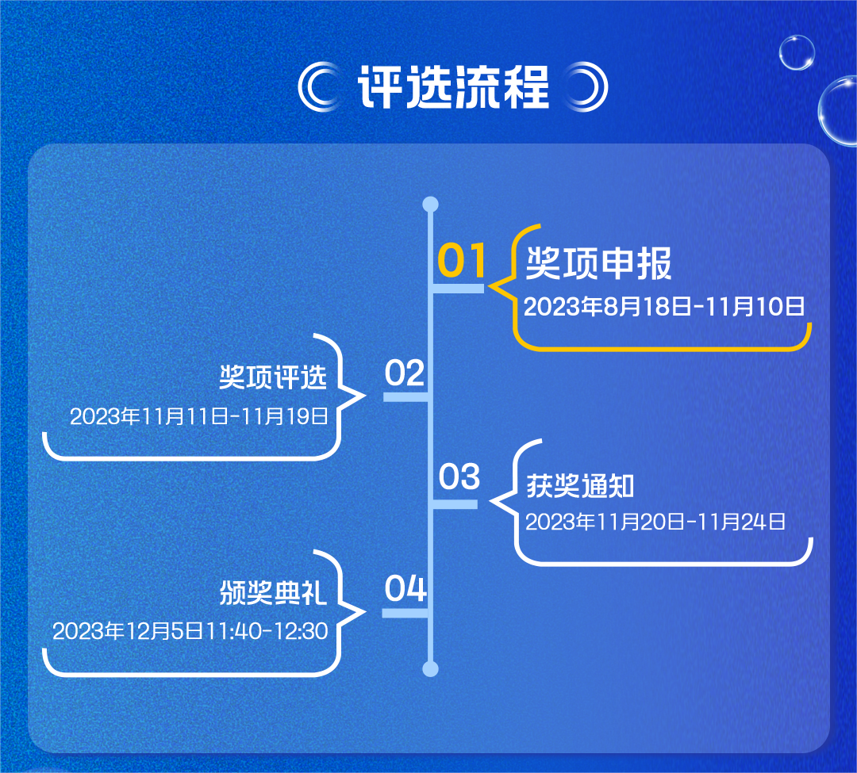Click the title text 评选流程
point(453,86)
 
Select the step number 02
point(405,373)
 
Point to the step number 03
point(459,477)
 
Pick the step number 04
point(405,590)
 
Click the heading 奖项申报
point(598,264)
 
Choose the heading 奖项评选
point(273,378)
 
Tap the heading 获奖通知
point(580,486)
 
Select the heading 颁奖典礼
point(273,593)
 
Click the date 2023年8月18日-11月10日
point(664,306)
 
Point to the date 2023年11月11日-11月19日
point(199,416)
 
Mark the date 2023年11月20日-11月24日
point(655,522)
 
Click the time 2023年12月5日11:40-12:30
point(190,631)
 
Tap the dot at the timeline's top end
point(430,205)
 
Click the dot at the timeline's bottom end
point(430,670)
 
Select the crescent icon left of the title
point(319,86)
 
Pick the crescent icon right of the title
point(587,86)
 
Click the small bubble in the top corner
point(797,52)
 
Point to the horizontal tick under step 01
point(458,289)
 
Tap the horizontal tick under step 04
point(405,613)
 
